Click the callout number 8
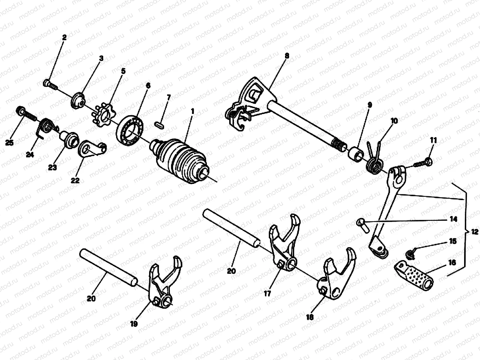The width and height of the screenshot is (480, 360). (287, 56)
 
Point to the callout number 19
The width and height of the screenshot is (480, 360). (134, 324)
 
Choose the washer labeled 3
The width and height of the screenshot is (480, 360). (79, 101)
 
